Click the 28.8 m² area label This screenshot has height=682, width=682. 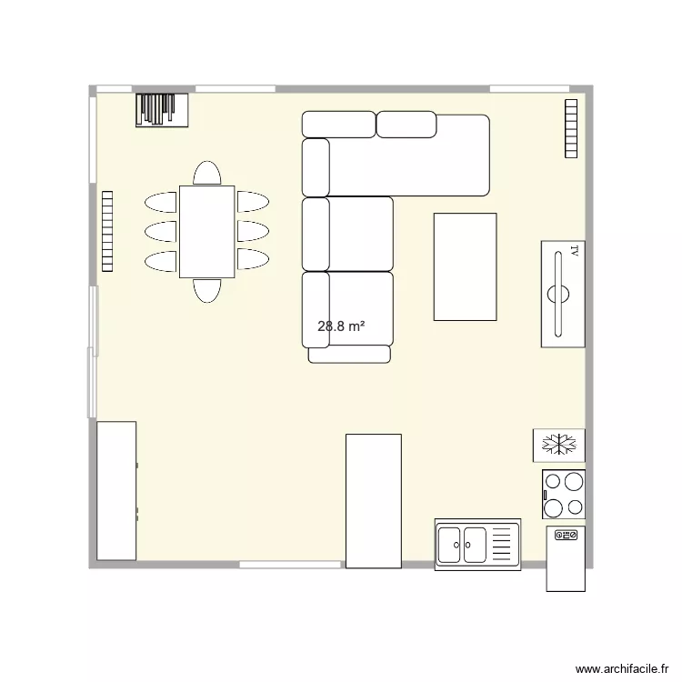[341, 326]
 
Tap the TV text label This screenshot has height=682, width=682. [574, 251]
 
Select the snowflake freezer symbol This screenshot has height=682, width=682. [558, 445]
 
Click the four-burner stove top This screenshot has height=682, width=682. [563, 495]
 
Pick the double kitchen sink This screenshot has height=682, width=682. [476, 546]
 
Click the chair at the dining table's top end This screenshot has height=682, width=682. [206, 173]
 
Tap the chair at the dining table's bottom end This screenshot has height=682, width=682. [206, 290]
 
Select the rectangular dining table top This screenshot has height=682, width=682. [206, 231]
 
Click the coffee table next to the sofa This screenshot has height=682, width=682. [465, 266]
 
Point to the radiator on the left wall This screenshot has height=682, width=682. [106, 231]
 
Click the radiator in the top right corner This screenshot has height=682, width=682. [571, 127]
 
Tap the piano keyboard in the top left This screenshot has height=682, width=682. [162, 110]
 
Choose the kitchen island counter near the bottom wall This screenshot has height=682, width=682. [373, 500]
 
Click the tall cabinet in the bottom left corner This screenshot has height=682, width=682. [116, 491]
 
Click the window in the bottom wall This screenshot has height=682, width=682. [291, 565]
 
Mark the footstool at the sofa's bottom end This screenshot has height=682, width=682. [349, 355]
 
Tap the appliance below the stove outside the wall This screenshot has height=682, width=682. [565, 558]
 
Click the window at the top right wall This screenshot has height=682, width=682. [523, 88]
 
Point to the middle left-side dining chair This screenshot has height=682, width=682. [160, 231]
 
